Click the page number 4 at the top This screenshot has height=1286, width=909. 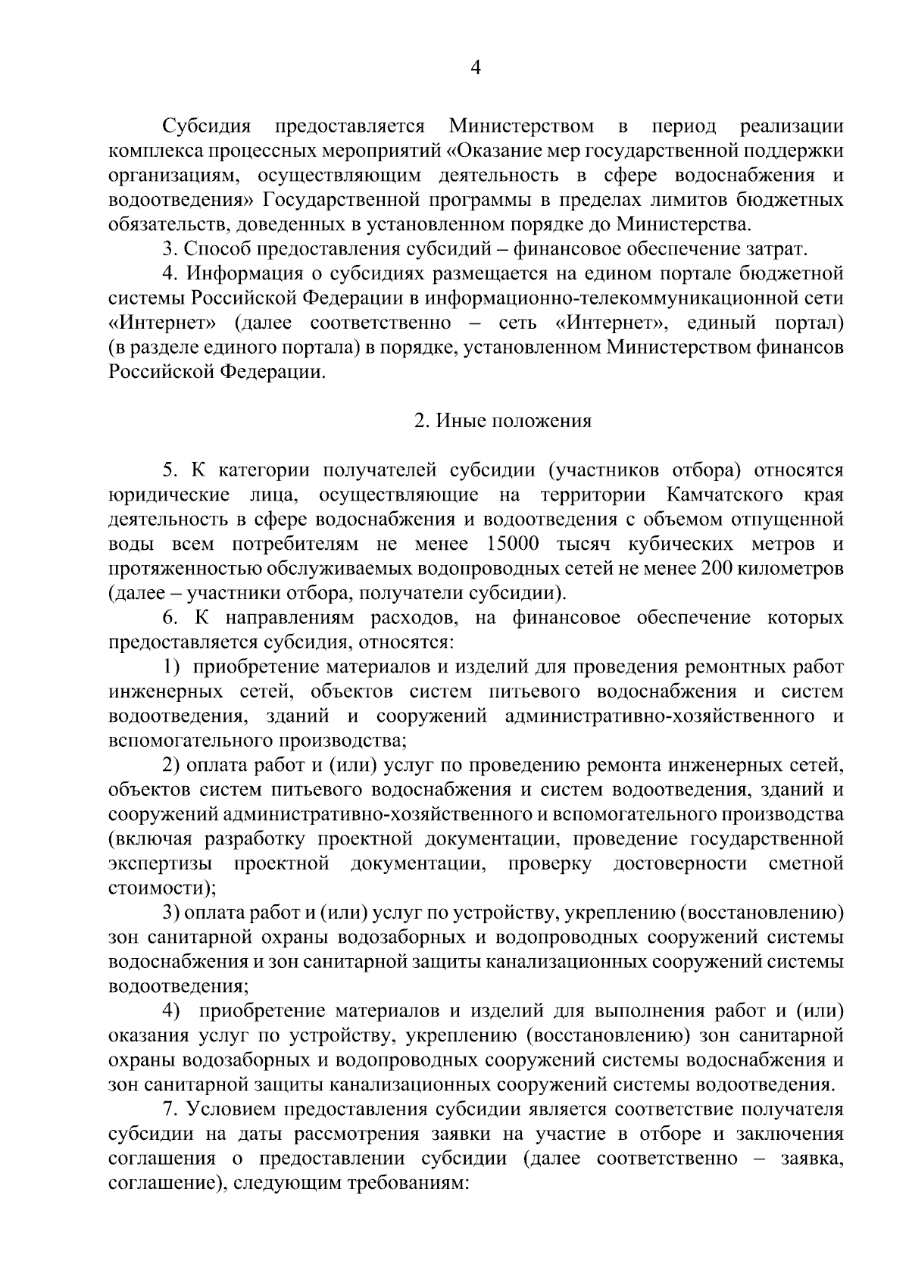coord(476,69)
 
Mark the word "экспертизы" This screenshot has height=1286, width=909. coord(160,864)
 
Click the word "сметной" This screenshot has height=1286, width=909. coord(805,864)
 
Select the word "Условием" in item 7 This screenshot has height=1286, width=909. coord(230,1110)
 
